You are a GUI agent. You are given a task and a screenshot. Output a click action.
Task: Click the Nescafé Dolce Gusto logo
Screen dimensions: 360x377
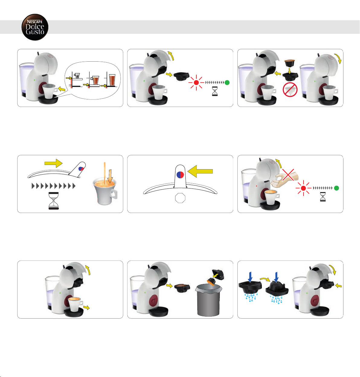click(x=35, y=27)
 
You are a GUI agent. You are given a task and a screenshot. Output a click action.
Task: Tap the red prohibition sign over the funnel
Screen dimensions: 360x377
click(x=290, y=89)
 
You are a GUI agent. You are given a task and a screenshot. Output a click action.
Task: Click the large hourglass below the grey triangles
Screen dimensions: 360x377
click(x=53, y=201)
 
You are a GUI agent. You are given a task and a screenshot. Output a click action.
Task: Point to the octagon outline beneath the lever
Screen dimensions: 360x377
click(x=180, y=198)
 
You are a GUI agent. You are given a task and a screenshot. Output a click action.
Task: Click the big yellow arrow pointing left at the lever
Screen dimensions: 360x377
click(x=200, y=171)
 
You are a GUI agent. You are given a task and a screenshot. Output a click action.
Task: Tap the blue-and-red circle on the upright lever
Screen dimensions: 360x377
click(x=180, y=175)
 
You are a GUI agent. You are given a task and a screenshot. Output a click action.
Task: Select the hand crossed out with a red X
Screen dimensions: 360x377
click(x=284, y=180)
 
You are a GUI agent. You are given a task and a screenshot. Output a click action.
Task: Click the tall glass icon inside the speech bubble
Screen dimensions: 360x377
click(x=112, y=80)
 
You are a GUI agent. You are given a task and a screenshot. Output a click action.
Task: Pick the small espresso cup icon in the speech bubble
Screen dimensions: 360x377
click(x=77, y=76)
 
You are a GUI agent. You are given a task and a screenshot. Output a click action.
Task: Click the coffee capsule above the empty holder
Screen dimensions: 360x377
click(x=290, y=63)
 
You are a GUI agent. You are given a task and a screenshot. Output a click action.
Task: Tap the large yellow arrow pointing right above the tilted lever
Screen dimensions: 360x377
click(x=53, y=163)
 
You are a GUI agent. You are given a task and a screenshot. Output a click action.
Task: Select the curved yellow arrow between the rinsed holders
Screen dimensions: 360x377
click(x=265, y=279)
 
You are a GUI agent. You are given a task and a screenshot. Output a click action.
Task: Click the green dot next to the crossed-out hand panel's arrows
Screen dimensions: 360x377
click(x=336, y=188)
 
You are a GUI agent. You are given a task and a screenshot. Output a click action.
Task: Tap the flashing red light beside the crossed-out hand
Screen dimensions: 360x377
click(x=304, y=188)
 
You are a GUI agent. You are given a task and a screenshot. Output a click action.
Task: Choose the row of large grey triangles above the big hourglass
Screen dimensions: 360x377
click(x=53, y=186)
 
